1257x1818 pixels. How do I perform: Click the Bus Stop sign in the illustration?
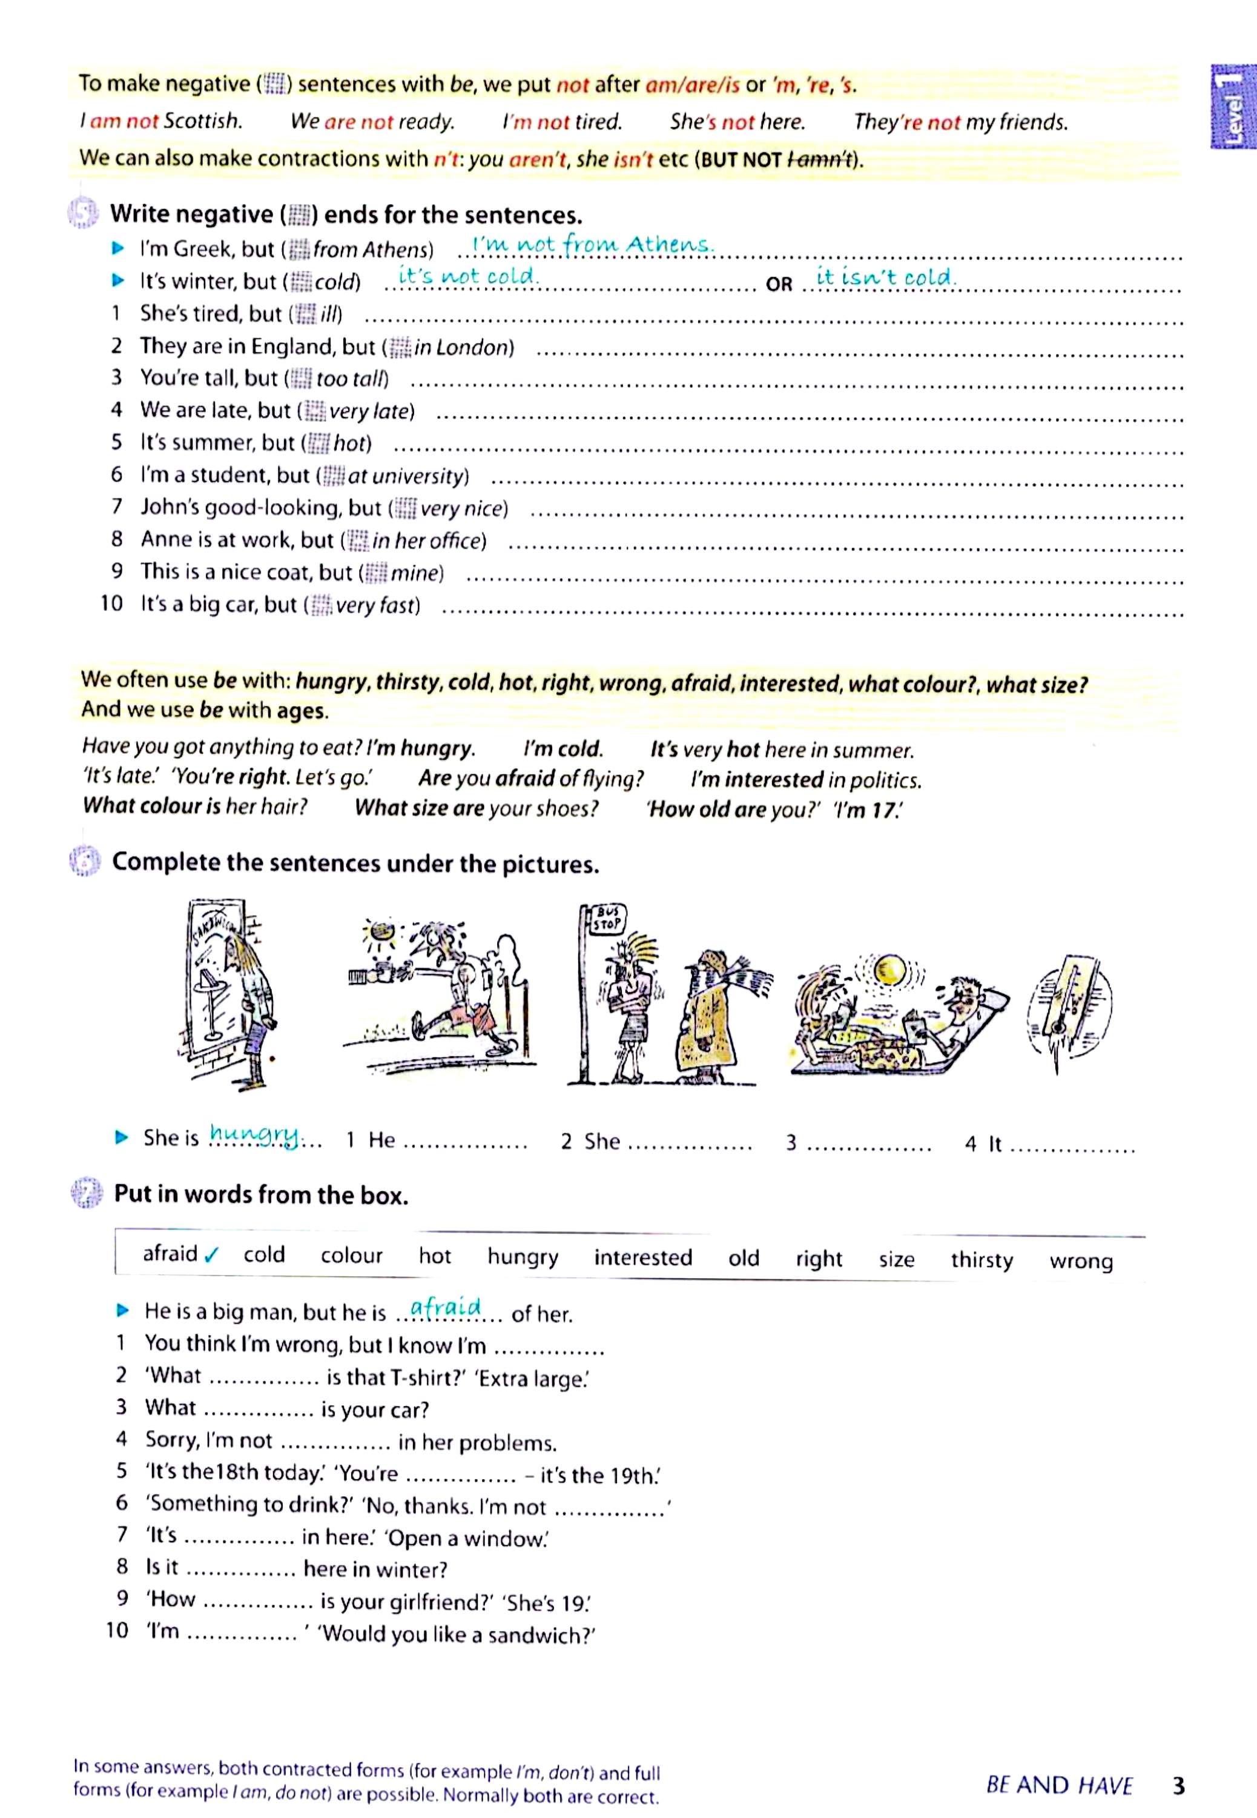point(607,918)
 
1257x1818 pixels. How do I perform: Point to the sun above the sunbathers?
point(891,968)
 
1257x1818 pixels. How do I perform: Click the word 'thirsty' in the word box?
point(982,1259)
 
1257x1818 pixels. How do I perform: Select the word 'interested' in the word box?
point(642,1257)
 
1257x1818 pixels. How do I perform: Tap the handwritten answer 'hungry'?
point(254,1134)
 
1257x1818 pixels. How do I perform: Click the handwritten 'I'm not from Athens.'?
point(592,244)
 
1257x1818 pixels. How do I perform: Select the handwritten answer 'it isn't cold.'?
point(885,276)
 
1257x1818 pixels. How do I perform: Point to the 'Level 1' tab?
point(1232,107)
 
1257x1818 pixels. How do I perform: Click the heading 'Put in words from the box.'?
point(261,1194)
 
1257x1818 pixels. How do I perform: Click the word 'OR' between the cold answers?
point(778,284)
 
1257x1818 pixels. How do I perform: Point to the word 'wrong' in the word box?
point(1081,1261)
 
